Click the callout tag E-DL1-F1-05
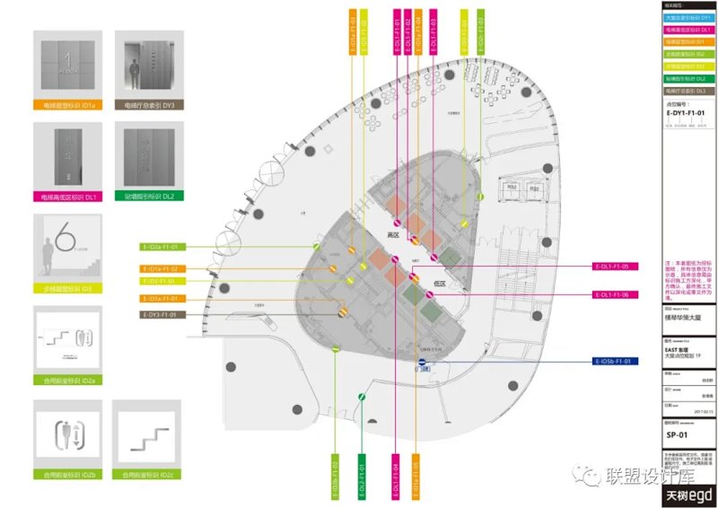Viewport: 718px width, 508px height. tap(617, 267)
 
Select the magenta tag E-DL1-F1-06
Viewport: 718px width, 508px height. tap(617, 295)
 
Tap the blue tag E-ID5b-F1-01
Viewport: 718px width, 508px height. tap(617, 362)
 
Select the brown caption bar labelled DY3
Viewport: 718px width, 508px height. tap(150, 105)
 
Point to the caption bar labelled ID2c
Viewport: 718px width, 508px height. tap(150, 472)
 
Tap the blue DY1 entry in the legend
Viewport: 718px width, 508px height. tap(689, 18)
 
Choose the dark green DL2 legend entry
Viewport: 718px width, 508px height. tap(689, 79)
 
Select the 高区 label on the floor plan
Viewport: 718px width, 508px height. tap(392, 235)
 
